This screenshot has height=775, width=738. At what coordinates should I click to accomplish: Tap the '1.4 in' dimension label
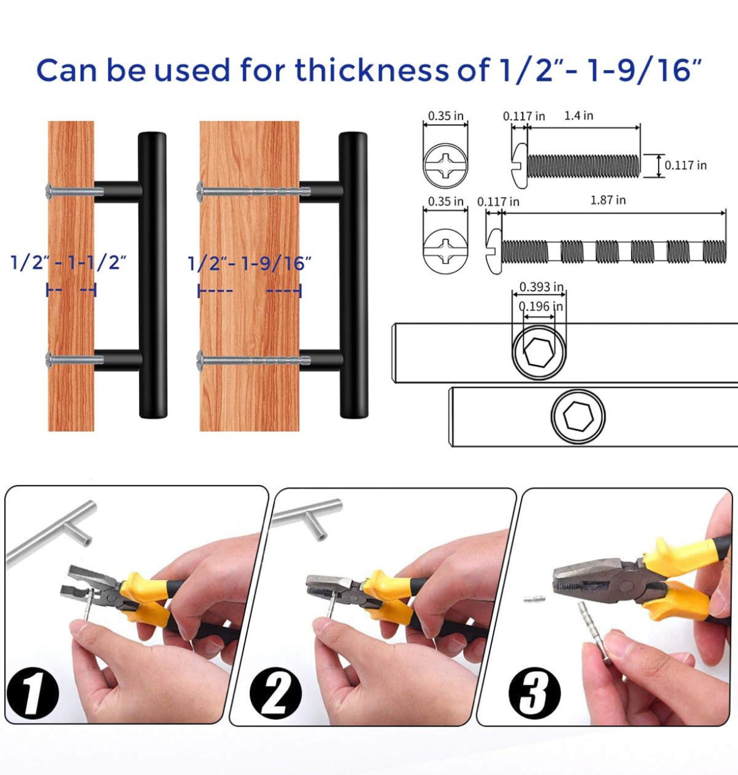coord(578,115)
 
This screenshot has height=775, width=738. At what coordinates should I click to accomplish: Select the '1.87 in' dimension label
coord(608,200)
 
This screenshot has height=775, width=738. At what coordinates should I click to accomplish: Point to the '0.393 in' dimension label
coord(541,286)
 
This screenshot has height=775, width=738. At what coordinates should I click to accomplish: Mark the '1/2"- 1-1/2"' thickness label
coord(69,263)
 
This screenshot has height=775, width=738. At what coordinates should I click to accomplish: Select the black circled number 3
coord(534,692)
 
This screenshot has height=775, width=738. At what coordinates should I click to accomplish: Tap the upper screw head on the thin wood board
coord(50,192)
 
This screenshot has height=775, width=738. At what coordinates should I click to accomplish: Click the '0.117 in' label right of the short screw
coord(685,165)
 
